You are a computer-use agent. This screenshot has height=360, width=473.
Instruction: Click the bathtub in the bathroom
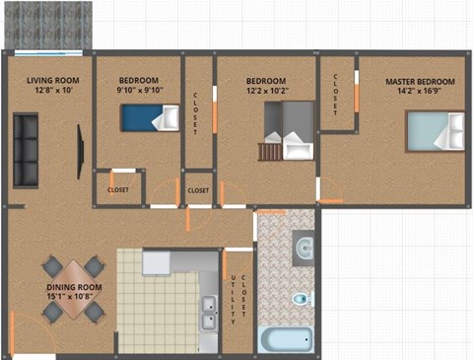click(286, 339)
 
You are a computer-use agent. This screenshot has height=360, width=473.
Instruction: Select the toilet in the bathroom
click(301, 296)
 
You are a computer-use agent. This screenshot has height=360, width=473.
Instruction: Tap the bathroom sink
click(304, 246)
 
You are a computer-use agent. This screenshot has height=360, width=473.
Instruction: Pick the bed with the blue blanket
click(149, 118)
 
